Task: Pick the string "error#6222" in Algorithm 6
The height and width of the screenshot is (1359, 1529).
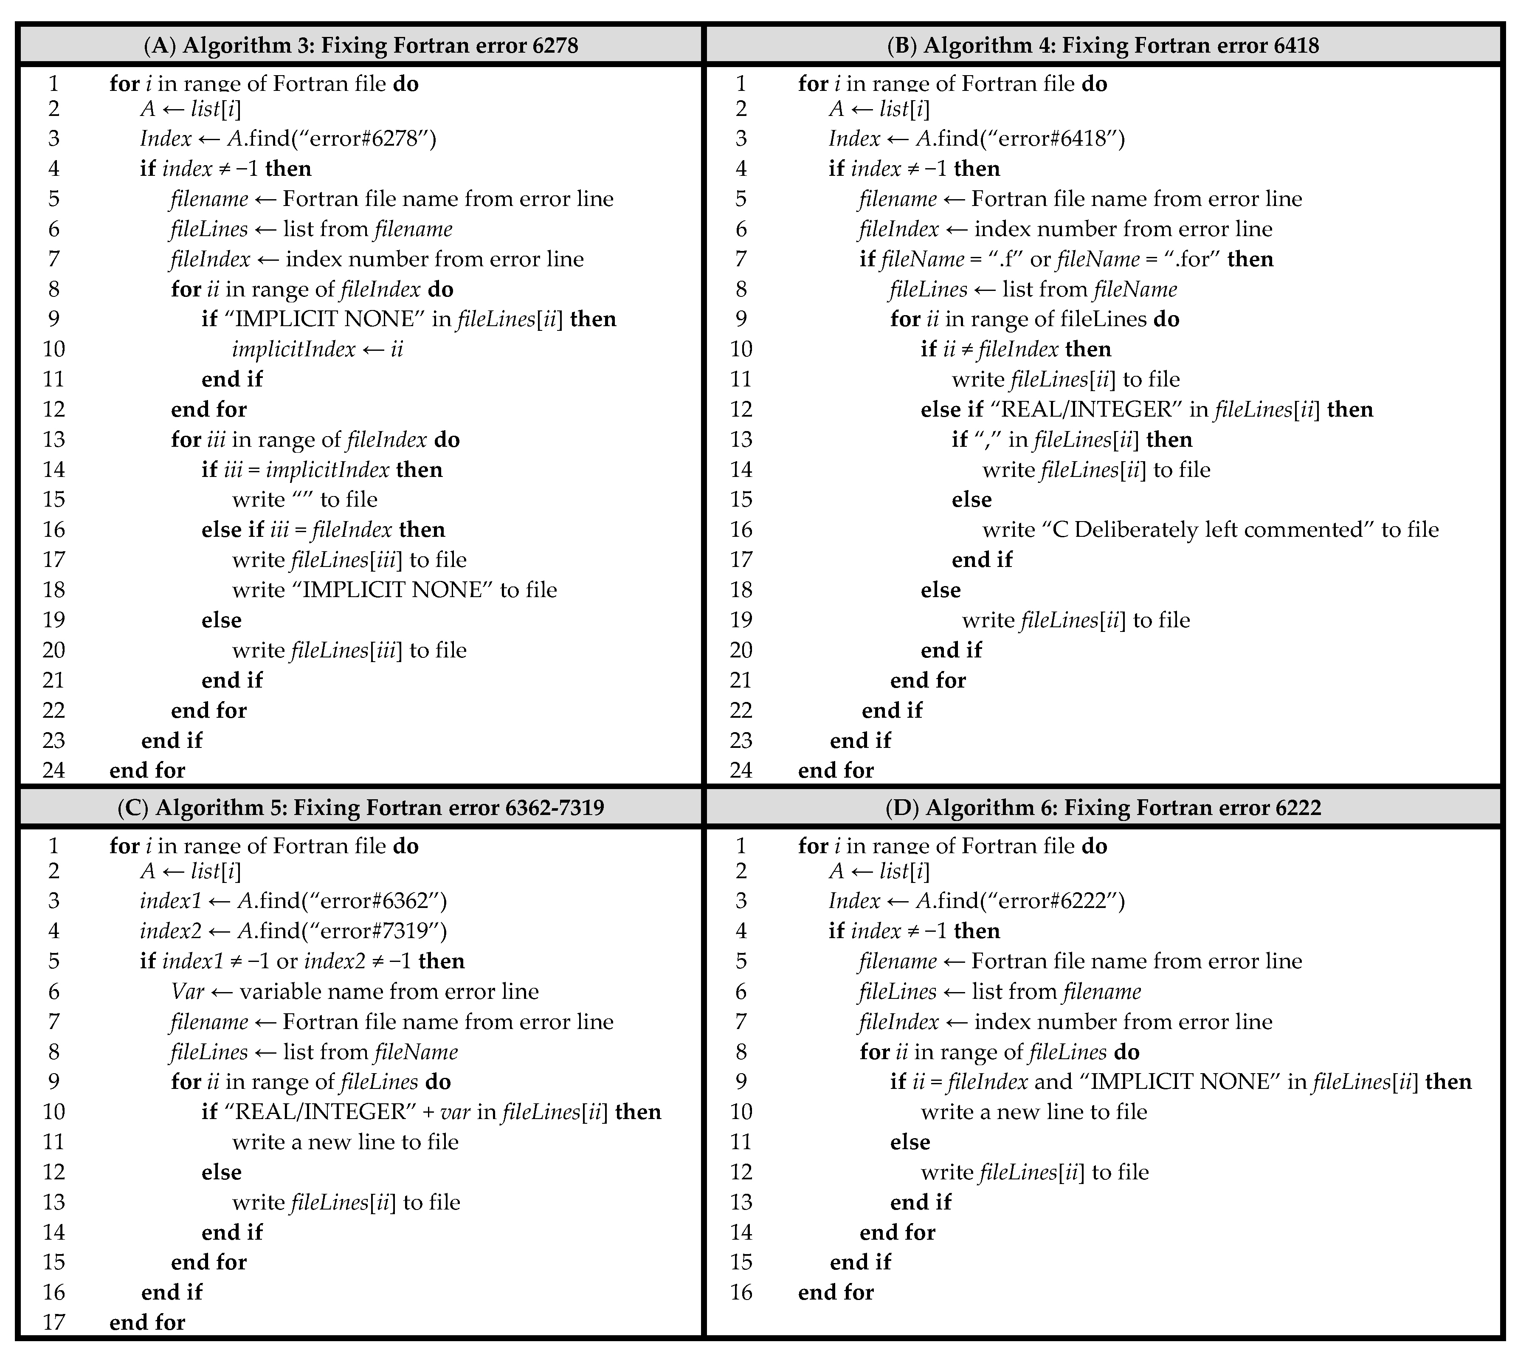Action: (1062, 901)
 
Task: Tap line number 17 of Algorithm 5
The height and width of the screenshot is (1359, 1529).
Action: (54, 1323)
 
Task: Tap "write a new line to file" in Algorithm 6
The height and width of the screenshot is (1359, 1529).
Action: (1034, 1113)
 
